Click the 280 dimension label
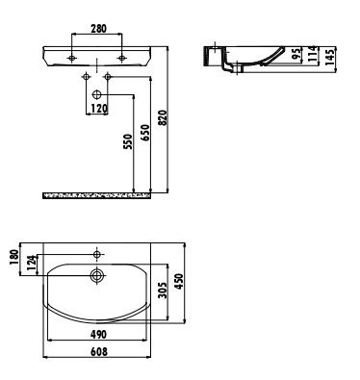coord(98,29)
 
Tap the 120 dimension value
coord(99,109)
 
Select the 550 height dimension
coord(128,141)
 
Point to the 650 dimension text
coord(145,132)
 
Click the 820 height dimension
coord(163,117)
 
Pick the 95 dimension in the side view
coord(297,55)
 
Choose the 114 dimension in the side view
coord(313,54)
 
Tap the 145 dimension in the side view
coord(329,58)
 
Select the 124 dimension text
coord(32,264)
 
